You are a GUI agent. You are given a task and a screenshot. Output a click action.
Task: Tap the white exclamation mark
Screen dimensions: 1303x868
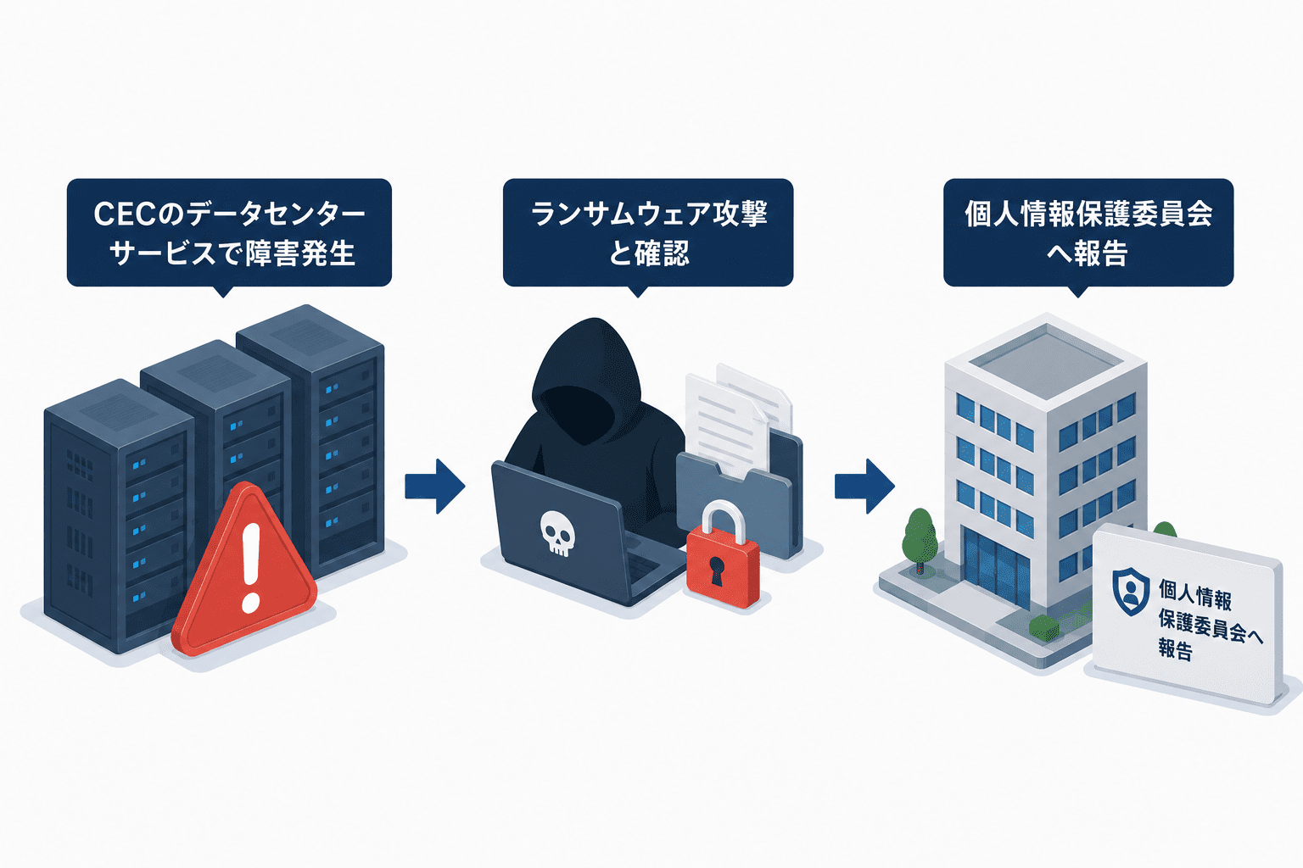pos(251,567)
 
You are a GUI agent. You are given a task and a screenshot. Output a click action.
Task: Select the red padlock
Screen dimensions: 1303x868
pos(723,556)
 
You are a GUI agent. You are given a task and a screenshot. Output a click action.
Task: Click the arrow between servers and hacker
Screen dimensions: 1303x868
pos(435,486)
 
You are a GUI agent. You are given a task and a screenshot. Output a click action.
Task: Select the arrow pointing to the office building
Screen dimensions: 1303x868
pos(864,486)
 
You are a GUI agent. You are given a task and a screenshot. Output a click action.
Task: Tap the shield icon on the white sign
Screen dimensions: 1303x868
pos(1131,592)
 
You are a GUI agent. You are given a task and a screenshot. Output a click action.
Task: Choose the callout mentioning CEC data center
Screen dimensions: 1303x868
pos(229,233)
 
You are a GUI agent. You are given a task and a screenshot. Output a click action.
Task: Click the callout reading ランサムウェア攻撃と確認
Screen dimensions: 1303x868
pos(648,233)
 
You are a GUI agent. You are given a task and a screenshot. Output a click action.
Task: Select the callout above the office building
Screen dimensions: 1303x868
pos(1088,233)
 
